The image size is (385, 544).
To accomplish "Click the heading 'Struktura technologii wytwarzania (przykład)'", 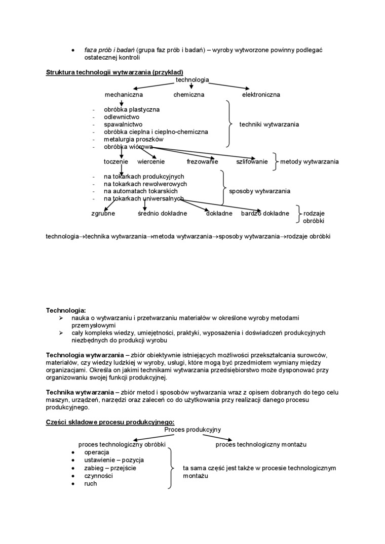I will pos(114,72).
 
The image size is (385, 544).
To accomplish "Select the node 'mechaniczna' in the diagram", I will pos(124,95).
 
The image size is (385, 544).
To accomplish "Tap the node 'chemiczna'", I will pos(189,95).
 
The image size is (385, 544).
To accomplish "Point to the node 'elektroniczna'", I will pos(261,95).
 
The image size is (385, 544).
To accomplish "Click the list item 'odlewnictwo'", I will pos(122,117).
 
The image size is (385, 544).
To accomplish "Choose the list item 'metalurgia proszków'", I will pos(134,139).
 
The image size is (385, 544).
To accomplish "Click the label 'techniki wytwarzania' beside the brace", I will pos(269,124).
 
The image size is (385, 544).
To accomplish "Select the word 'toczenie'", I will pos(116,162).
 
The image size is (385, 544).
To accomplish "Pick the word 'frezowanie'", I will pos(202,162).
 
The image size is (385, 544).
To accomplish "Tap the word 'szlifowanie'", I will pos(252,162).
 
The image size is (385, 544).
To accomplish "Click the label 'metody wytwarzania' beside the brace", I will pos(310,162).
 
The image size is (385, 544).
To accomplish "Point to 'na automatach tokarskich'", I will pos(141,191).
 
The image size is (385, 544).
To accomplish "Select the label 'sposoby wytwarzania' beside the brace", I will pos(260,191).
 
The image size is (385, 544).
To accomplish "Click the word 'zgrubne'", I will pos(103,214).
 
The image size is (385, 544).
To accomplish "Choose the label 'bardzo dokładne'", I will pos(265,214).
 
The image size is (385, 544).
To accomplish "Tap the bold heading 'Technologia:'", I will pos(66,310).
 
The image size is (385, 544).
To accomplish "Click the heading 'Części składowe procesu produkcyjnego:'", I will pos(110,422).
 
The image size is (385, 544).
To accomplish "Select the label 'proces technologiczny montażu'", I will pos(261,445).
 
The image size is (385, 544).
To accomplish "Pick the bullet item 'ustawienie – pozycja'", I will pos(114,460).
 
